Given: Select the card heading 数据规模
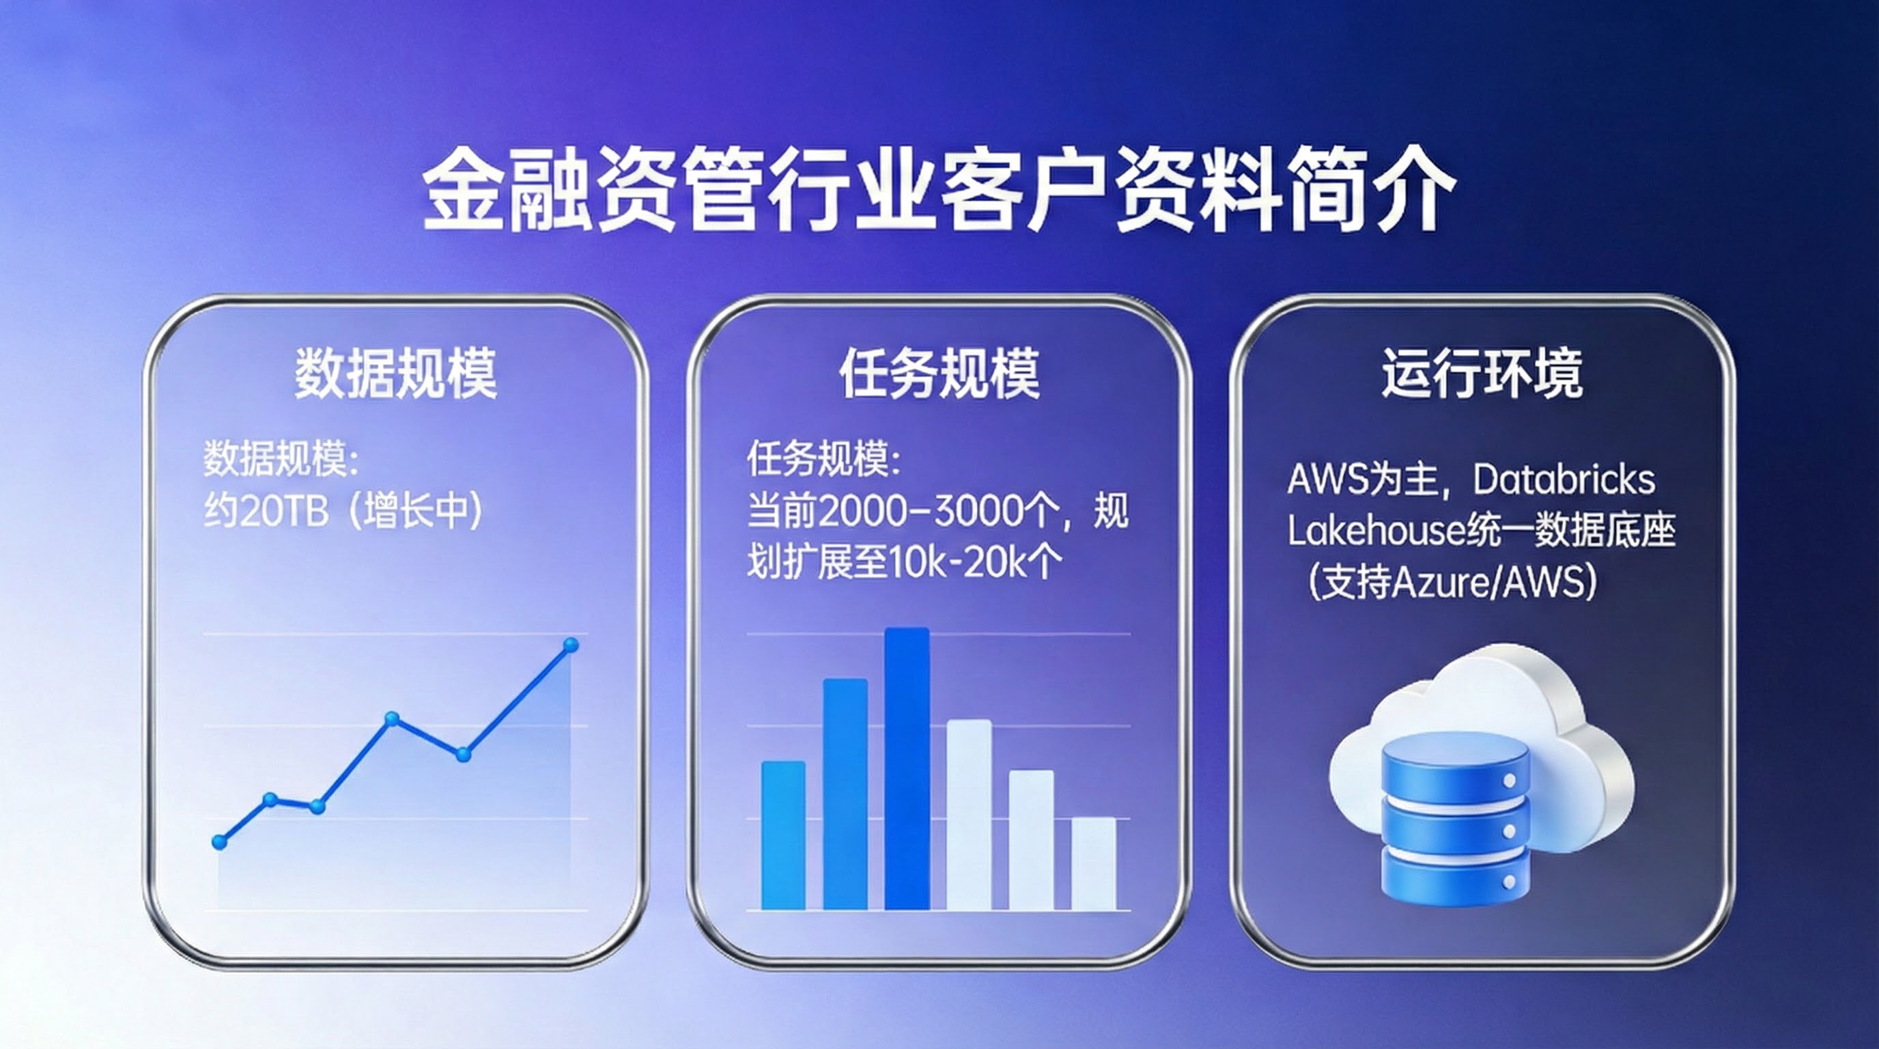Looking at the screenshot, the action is click(396, 374).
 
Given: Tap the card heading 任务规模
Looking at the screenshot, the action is click(939, 374).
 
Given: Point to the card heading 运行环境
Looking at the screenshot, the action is click(1482, 374).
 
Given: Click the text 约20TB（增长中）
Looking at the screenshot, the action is click(343, 511).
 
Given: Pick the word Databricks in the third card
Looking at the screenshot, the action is click(1564, 480).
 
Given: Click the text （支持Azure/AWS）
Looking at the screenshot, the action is click(1452, 583).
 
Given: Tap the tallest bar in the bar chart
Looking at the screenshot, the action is click(907, 769).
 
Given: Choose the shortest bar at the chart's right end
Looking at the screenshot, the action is click(1094, 864).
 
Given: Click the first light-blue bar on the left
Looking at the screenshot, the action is click(783, 836).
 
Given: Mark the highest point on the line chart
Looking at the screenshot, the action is click(571, 645).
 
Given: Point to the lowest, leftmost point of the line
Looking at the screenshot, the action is click(218, 843).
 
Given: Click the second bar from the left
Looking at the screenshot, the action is click(845, 794).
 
